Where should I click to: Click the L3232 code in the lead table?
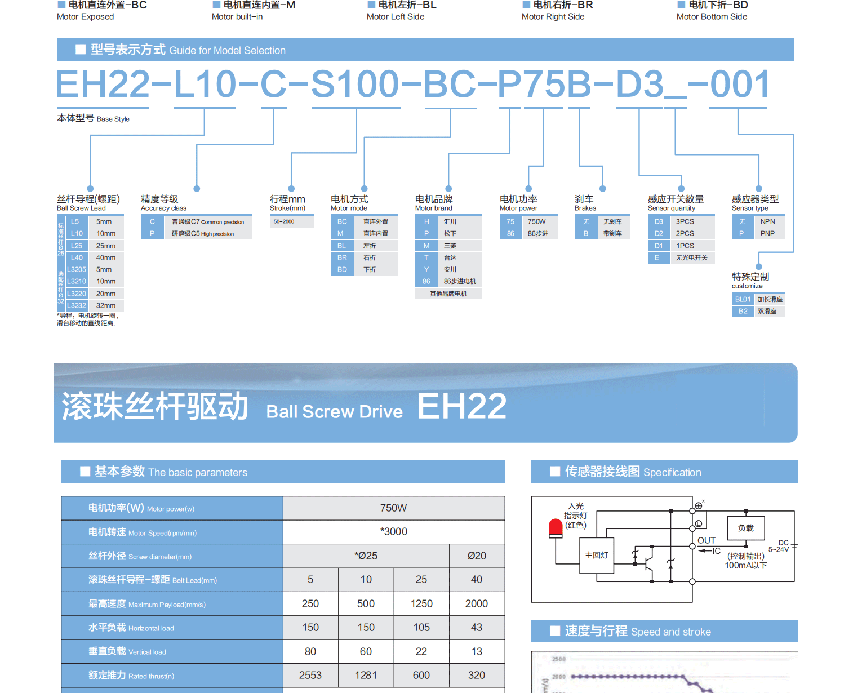click(x=77, y=305)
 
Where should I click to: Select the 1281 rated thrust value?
click(x=366, y=675)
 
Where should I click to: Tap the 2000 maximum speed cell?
click(x=476, y=603)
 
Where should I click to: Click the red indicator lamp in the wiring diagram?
click(x=556, y=527)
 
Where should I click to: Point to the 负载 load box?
click(x=745, y=528)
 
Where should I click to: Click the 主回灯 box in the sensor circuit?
click(x=597, y=555)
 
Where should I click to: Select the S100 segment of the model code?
click(x=355, y=85)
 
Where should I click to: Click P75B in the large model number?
click(x=544, y=85)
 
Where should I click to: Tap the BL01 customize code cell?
click(x=743, y=299)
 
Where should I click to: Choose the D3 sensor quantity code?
click(x=659, y=221)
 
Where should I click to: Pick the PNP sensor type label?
click(x=767, y=233)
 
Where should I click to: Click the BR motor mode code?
click(x=342, y=257)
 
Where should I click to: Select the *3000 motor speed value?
click(x=393, y=531)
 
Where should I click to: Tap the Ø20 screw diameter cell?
click(x=477, y=556)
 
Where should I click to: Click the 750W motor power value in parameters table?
click(x=393, y=508)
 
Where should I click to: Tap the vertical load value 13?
click(x=477, y=651)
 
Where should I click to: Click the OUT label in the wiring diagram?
click(x=706, y=540)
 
